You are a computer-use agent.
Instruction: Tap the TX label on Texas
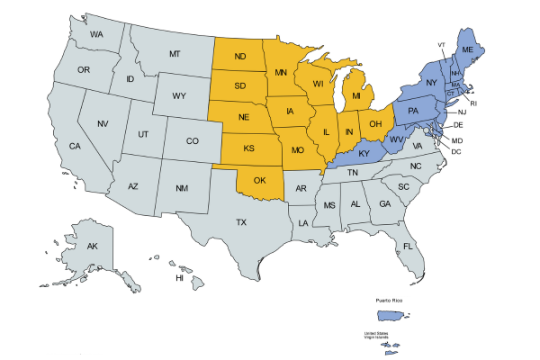[x=241, y=221]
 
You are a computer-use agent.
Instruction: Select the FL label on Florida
[x=408, y=246]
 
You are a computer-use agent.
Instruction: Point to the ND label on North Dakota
[x=240, y=58]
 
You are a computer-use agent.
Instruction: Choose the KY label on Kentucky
[x=364, y=154]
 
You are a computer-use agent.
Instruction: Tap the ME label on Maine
[x=467, y=50]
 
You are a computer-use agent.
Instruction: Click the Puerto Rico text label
[x=390, y=297]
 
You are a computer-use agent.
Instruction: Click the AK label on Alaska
[x=92, y=246]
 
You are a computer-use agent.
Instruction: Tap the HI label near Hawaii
[x=179, y=278]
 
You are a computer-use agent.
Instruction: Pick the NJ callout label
[x=462, y=112]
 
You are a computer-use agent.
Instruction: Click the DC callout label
[x=456, y=151]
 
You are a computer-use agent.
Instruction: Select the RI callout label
[x=474, y=103]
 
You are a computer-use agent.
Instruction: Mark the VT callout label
[x=441, y=44]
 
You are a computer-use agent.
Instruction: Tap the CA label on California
[x=75, y=146]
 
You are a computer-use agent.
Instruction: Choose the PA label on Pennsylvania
[x=413, y=111]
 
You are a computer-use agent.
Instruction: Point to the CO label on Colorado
[x=192, y=141]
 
